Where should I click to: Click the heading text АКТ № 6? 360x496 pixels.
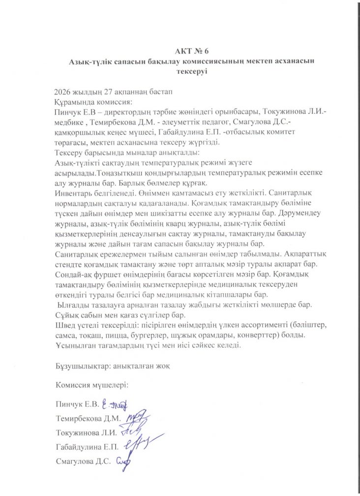click(x=192, y=51)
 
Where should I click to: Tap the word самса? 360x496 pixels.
click(x=67, y=335)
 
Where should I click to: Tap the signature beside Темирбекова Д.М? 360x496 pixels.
click(x=137, y=418)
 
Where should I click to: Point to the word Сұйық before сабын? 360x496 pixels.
click(x=67, y=315)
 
